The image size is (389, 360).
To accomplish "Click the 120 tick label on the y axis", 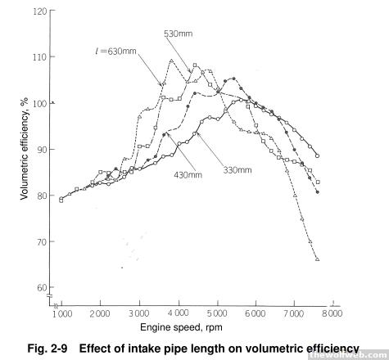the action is pos(40,11).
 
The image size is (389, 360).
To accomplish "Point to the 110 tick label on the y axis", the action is pos(40,57).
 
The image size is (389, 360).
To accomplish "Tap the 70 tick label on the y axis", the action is pos(43,241).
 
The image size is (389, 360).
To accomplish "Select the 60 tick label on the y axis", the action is pos(43,288).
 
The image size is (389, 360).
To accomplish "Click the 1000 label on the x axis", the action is pos(62,313).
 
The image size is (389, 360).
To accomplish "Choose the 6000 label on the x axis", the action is pos(255,313).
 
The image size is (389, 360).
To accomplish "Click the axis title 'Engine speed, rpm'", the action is pos(181,327).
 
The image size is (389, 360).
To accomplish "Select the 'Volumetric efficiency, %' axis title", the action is pos(25,149).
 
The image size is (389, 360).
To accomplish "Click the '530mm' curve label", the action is pos(178,34).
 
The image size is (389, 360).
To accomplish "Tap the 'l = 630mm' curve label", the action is pos(115,51).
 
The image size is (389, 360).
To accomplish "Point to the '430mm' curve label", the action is pos(188,174).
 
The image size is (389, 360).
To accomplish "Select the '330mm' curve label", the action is pos(237,170).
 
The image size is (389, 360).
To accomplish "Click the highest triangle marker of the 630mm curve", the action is pos(171,61).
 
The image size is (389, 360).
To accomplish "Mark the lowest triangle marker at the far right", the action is pos(317,259).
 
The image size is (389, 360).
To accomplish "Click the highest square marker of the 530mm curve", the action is pos(195,65).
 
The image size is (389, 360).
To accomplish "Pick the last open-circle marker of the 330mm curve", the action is pos(317,156).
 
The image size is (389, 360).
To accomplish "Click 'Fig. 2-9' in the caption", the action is pos(47,349).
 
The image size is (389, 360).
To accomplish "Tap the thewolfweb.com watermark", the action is pos(349,355).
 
